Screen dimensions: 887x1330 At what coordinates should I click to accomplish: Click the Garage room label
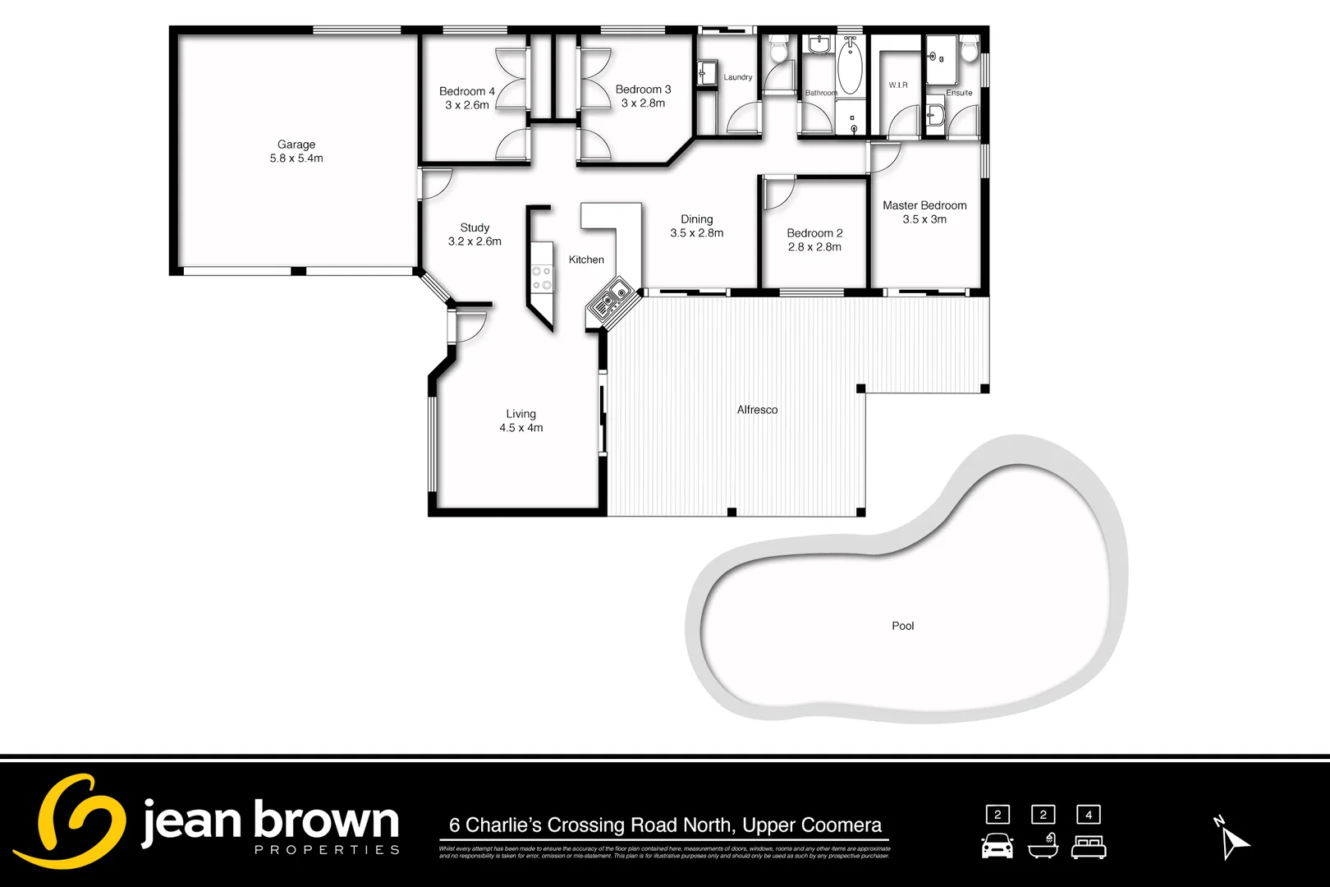[296, 145]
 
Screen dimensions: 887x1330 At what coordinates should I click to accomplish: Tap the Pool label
[902, 626]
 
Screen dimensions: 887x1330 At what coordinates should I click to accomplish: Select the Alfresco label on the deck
[757, 410]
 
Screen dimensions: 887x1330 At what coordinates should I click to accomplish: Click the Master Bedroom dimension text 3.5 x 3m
[924, 219]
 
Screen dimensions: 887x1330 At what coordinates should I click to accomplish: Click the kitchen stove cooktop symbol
[542, 278]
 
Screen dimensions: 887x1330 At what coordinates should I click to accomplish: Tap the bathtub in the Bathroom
[849, 66]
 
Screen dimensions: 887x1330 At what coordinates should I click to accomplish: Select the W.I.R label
[898, 85]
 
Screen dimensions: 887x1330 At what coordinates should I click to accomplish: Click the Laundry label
[737, 77]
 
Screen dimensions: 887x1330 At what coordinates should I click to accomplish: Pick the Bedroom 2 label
[814, 233]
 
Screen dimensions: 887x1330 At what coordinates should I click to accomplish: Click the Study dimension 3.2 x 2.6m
[475, 241]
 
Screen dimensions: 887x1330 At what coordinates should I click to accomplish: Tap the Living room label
[521, 414]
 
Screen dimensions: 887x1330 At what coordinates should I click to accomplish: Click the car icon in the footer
[997, 846]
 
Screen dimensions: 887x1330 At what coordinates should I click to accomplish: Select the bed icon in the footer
[1089, 847]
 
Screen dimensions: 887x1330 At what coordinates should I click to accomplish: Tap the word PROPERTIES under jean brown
[327, 850]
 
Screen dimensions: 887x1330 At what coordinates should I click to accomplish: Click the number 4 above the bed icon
[1089, 815]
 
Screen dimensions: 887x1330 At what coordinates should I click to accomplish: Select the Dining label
[696, 219]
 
